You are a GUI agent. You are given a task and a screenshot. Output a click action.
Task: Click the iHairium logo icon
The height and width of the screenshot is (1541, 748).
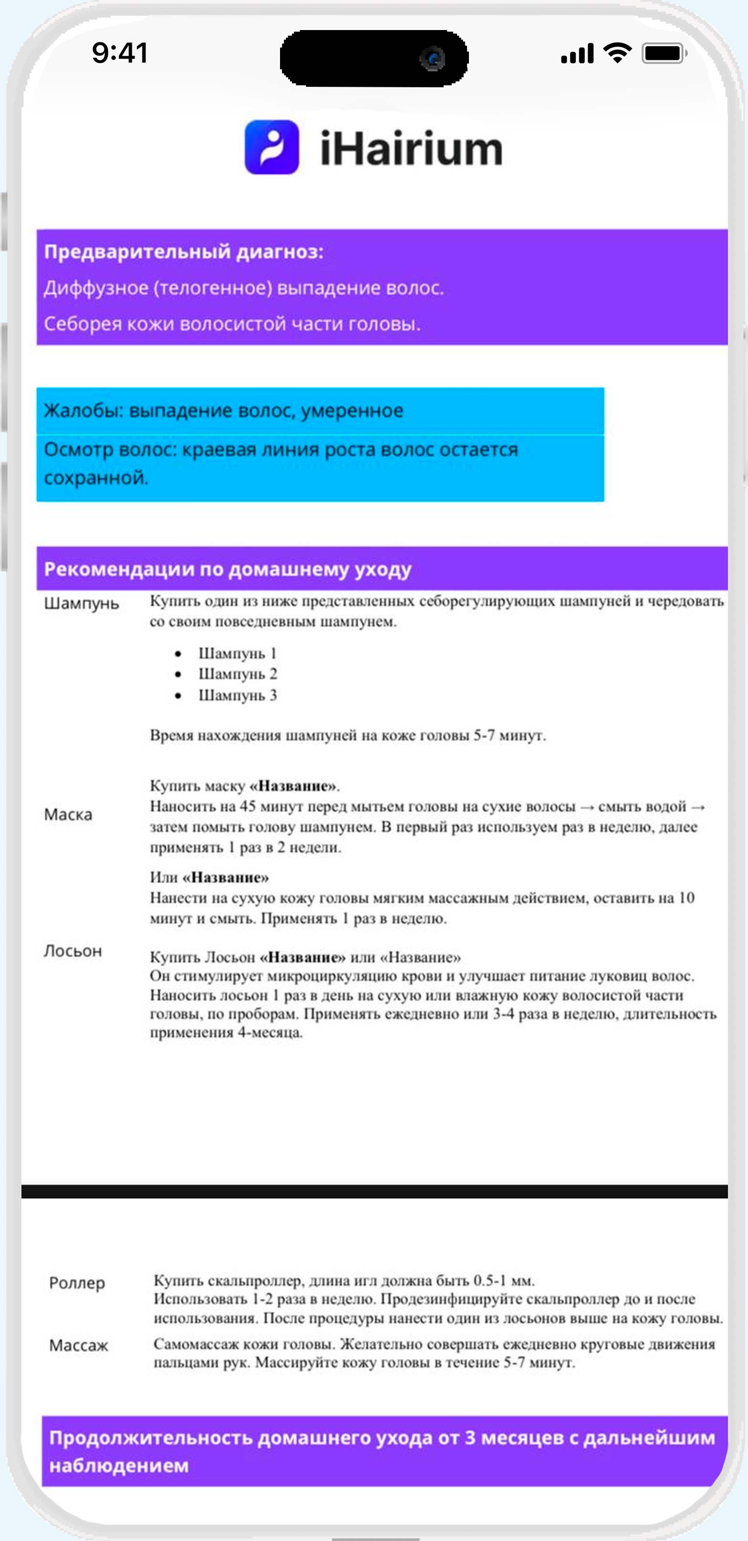pyautogui.click(x=271, y=147)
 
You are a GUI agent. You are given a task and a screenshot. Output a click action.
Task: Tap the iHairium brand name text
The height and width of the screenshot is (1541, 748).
pyautogui.click(x=411, y=148)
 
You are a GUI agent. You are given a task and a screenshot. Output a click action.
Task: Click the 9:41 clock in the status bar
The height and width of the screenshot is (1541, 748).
pyautogui.click(x=120, y=52)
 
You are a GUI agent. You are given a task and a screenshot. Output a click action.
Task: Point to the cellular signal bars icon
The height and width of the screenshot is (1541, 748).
pyautogui.click(x=577, y=54)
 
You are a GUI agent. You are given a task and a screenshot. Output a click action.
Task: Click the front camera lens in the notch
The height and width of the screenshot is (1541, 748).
pyautogui.click(x=433, y=59)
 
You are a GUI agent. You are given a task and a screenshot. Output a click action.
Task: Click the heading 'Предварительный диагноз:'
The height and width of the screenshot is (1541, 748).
pyautogui.click(x=184, y=251)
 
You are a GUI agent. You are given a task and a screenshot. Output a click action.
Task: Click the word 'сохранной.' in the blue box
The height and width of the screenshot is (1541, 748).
pyautogui.click(x=96, y=477)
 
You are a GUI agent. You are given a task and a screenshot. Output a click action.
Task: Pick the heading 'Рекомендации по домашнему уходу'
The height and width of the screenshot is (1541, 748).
pyautogui.click(x=228, y=569)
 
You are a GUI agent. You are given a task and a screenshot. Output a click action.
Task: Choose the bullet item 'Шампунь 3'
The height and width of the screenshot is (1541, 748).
pyautogui.click(x=238, y=695)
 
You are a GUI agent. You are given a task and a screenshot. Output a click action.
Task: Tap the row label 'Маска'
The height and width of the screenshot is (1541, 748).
pyautogui.click(x=68, y=815)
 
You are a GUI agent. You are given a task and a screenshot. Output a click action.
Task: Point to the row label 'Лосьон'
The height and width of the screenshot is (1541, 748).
pyautogui.click(x=73, y=951)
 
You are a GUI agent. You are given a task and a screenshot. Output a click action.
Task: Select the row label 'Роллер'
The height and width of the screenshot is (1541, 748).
pyautogui.click(x=77, y=1282)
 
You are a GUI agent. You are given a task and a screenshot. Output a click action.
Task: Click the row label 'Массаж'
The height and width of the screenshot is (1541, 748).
pyautogui.click(x=78, y=1345)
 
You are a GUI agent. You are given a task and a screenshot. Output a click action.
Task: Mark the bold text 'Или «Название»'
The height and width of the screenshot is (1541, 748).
pyautogui.click(x=209, y=878)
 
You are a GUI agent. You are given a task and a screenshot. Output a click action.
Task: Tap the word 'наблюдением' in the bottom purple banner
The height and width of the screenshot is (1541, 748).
pyautogui.click(x=118, y=1466)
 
